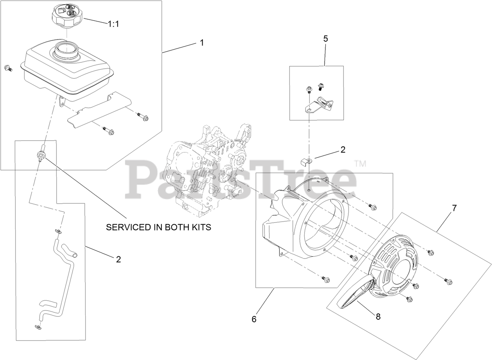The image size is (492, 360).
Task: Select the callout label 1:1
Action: click(113, 23)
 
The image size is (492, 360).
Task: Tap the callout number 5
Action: click(325, 39)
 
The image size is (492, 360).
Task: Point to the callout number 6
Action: click(254, 319)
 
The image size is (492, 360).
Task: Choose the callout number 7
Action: click(454, 209)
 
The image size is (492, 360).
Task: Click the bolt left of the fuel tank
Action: click(8, 68)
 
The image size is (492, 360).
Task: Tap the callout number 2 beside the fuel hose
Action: click(118, 259)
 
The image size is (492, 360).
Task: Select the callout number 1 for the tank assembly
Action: click(202, 43)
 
